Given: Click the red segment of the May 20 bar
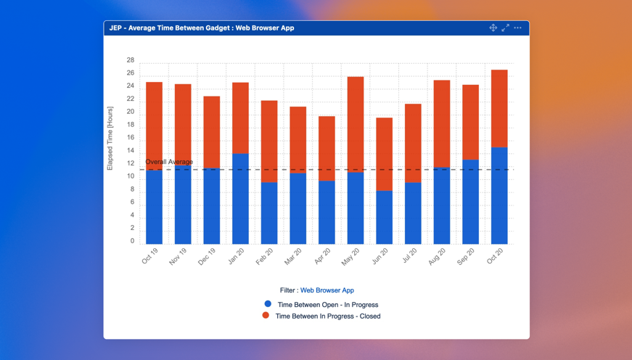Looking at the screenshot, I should coord(356,124).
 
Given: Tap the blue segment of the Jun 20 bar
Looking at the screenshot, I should coord(385,217).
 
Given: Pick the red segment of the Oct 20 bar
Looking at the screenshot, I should coord(499,109).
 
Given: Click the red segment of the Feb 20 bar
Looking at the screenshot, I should coord(269,142).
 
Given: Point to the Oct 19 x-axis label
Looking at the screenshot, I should coord(150,256).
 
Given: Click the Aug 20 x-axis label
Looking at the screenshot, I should coord(437,256).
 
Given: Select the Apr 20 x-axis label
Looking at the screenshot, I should coord(322,256).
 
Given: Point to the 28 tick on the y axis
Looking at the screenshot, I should coord(131,60).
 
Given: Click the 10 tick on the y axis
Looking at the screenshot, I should coord(131,176).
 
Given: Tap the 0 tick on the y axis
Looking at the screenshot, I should coord(132,241).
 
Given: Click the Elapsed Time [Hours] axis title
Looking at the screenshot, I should coord(110,138).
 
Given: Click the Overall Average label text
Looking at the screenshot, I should coord(169,162).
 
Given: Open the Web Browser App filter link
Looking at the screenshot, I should coord(327,290).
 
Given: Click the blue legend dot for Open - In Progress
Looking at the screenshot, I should coord(268,304).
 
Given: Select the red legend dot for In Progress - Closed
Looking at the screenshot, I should coord(266,316).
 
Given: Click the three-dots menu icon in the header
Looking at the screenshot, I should coord(517,28).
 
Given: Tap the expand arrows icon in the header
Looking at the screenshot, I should coord(505,28).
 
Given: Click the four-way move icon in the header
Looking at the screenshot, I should coord(493,28).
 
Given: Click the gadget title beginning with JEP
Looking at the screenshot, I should coord(202,28).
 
